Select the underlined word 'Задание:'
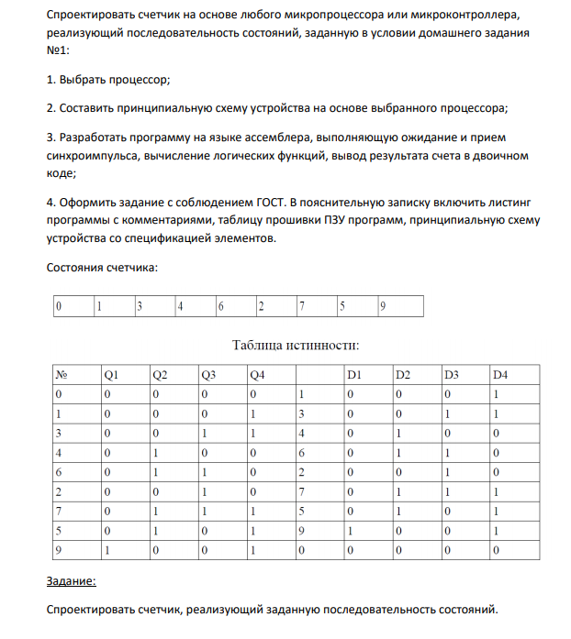70,581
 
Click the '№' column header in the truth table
62,374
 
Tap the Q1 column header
111,374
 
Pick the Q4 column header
258,374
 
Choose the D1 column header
354,374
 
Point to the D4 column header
499,374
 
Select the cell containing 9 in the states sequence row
382,306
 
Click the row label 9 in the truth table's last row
59,551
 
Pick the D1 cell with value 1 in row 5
349,531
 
